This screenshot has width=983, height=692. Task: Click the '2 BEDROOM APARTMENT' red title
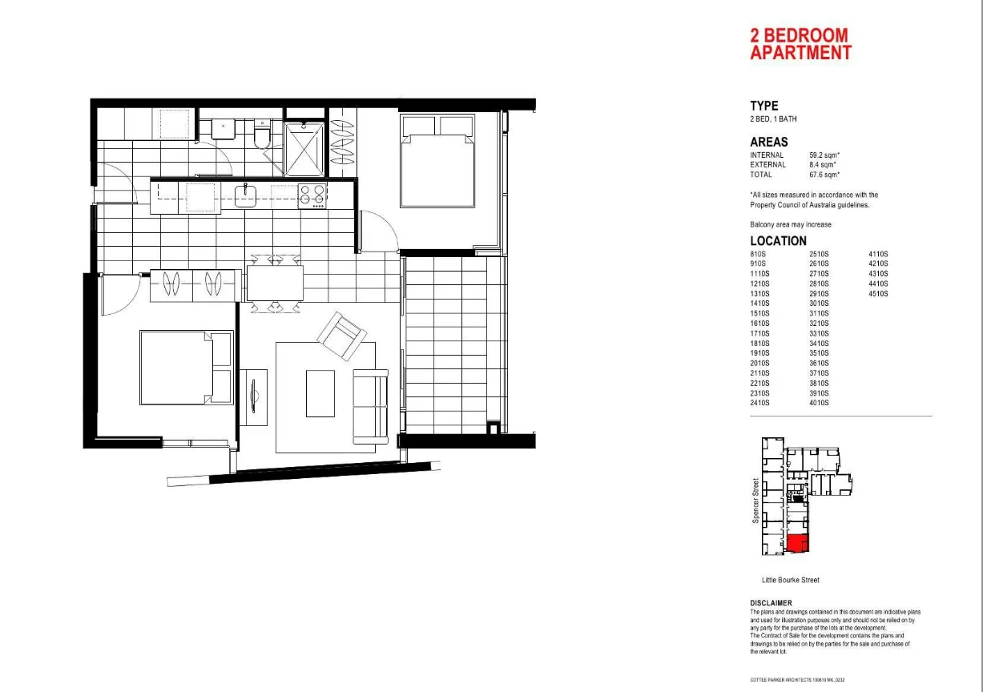click(x=800, y=45)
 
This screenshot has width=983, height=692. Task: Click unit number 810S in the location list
click(x=759, y=254)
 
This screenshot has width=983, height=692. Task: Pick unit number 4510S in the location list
click(x=878, y=294)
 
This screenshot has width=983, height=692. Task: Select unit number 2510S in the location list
click(x=819, y=254)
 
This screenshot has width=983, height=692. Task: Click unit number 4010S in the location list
click(x=819, y=403)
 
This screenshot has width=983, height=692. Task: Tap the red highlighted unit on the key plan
click(x=797, y=545)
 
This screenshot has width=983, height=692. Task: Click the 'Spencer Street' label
click(x=755, y=501)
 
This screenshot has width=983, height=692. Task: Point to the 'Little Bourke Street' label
click(x=790, y=580)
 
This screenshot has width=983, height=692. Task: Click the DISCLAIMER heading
click(x=771, y=603)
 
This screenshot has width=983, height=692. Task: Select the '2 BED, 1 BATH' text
click(x=773, y=119)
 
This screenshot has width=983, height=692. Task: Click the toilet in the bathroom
click(x=260, y=139)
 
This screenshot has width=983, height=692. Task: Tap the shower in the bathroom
click(x=305, y=148)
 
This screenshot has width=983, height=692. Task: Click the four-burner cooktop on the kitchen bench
click(x=312, y=195)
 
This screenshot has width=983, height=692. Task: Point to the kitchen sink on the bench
click(x=246, y=195)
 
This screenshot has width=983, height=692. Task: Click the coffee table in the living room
click(x=320, y=392)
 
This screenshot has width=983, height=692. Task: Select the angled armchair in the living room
click(x=342, y=335)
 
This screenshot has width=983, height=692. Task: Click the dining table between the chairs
click(x=275, y=282)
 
